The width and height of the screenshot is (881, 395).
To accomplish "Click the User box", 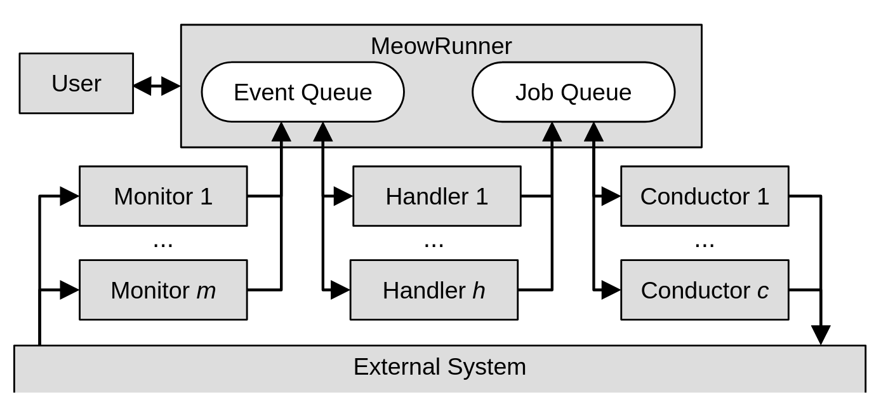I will click(76, 83).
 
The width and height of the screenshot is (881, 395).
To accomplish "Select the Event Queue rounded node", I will click(303, 92).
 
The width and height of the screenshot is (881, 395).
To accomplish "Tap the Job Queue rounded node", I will click(573, 92).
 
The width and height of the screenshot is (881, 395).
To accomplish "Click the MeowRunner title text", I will click(441, 46).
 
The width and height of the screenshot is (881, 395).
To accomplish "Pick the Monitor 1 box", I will click(163, 196).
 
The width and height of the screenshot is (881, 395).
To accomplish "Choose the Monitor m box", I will click(163, 290).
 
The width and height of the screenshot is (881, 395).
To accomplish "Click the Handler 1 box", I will click(437, 196).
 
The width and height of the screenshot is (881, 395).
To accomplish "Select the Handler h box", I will click(434, 290).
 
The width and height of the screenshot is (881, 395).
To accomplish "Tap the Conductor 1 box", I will click(705, 196).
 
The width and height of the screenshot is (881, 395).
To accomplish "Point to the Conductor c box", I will click(705, 290).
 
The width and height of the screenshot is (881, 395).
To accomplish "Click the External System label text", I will click(439, 367).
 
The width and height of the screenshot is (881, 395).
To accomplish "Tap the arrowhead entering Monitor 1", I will click(69, 196).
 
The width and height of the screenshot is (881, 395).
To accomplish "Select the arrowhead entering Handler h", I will click(340, 290).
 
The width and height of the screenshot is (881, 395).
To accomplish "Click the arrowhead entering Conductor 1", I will click(611, 196).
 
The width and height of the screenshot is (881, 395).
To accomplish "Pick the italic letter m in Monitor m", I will click(206, 291).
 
